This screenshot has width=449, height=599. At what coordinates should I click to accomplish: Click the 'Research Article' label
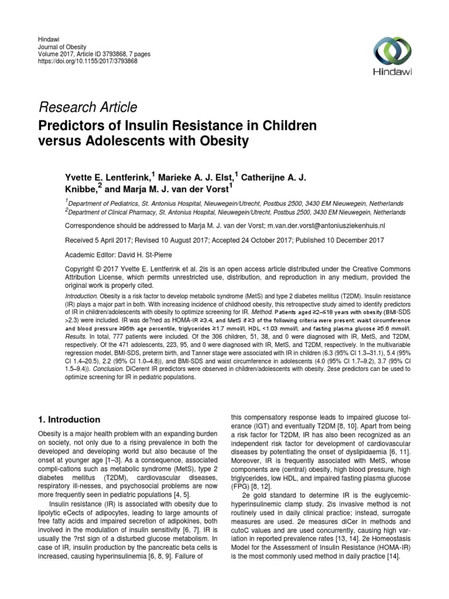[x=88, y=107]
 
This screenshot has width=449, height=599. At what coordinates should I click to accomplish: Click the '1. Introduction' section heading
[x=69, y=419]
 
